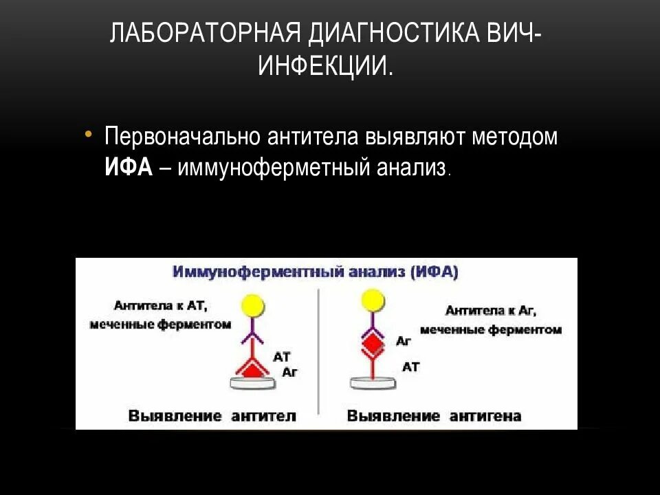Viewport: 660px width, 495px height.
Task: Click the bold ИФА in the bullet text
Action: tap(128, 167)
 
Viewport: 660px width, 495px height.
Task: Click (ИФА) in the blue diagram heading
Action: tap(434, 272)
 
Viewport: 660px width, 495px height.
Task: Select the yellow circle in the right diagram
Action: tap(372, 300)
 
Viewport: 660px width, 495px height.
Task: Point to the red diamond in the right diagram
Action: tap(372, 341)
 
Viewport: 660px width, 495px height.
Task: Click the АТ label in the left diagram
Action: tap(283, 357)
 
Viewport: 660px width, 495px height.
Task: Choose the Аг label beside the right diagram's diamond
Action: tap(404, 340)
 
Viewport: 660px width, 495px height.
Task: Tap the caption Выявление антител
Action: tap(212, 416)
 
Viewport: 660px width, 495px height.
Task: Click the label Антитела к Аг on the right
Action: tap(490, 311)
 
